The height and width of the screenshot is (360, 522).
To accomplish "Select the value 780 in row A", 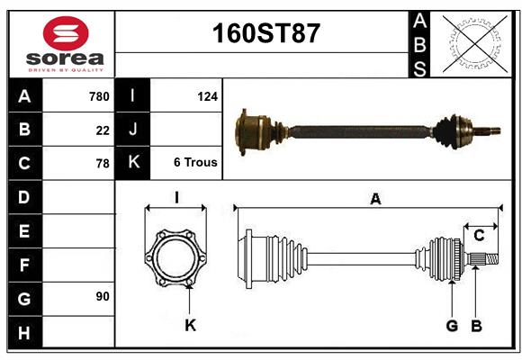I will pyautogui.click(x=99, y=96).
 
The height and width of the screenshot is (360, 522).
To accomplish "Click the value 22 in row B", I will pyautogui.click(x=103, y=130).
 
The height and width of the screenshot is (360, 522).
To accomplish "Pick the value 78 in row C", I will pyautogui.click(x=103, y=164).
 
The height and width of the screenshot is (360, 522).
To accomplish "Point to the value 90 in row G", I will pyautogui.click(x=103, y=296).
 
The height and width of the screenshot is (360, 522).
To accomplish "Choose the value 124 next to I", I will pyautogui.click(x=207, y=95).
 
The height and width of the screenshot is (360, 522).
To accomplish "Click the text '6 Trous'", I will pyautogui.click(x=195, y=163).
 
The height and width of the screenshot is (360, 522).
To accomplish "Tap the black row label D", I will pyautogui.click(x=24, y=196).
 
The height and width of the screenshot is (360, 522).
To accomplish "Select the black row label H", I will pyautogui.click(x=24, y=332).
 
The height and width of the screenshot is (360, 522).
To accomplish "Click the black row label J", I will pyautogui.click(x=133, y=130).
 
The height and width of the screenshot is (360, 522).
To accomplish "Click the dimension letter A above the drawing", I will pyautogui.click(x=375, y=200).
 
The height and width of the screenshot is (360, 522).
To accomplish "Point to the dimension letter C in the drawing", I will pyautogui.click(x=480, y=236).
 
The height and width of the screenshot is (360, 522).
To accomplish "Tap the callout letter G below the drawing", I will pyautogui.click(x=452, y=326).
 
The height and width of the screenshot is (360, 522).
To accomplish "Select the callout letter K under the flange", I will pyautogui.click(x=190, y=326).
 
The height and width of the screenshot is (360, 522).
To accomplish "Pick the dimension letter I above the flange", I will pyautogui.click(x=176, y=197).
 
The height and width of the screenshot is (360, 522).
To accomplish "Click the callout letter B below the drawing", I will pyautogui.click(x=477, y=326).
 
